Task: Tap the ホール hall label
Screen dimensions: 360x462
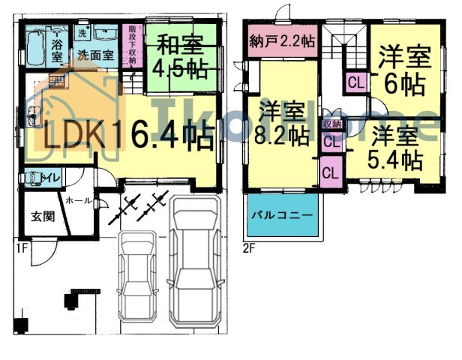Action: (x=79, y=201)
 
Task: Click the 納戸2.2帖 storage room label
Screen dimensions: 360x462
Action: (x=281, y=42)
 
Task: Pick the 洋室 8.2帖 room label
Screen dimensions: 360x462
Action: (x=283, y=125)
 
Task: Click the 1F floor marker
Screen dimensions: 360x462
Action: (x=19, y=246)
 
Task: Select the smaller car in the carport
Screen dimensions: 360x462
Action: (x=137, y=275)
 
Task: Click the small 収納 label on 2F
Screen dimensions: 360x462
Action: (x=330, y=124)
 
